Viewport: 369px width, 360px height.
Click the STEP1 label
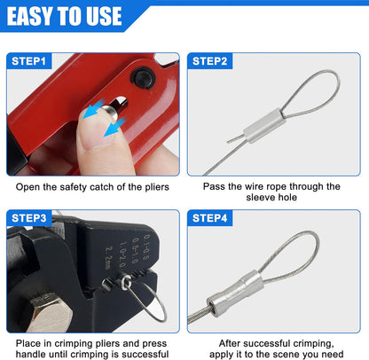click(28, 61)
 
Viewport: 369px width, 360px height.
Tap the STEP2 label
click(209, 61)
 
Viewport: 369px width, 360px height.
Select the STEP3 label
click(29, 218)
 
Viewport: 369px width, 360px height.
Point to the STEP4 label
click(209, 218)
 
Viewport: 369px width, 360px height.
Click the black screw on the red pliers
click(143, 77)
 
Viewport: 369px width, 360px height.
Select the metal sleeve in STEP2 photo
click(264, 126)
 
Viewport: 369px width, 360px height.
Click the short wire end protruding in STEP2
click(236, 139)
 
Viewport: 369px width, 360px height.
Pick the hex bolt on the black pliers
click(47, 311)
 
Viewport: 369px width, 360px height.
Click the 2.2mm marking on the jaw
click(109, 258)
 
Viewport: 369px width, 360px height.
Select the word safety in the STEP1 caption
click(73, 187)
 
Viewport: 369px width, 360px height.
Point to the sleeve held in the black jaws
click(127, 282)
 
